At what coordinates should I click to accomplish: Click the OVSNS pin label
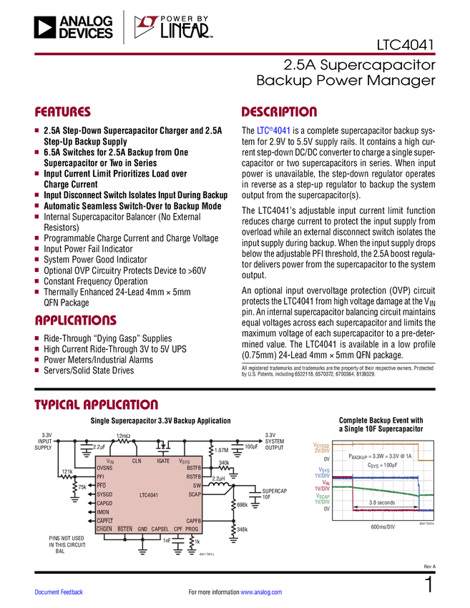tap(104, 468)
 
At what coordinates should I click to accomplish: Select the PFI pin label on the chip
tap(100, 476)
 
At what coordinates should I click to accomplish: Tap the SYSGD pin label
tap(104, 494)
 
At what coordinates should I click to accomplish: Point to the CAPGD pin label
tap(104, 503)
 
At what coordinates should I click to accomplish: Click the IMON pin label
tap(102, 512)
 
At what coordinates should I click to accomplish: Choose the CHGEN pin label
tap(104, 529)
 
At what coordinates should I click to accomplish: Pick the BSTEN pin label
tap(125, 529)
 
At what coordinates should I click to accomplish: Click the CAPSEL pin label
tap(160, 529)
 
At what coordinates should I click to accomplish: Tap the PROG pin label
tap(192, 529)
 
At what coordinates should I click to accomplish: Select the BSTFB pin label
tap(194, 468)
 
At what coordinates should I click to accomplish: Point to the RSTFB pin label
tap(194, 476)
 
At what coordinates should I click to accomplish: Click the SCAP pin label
tap(195, 494)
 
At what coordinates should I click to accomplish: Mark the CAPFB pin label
tap(193, 521)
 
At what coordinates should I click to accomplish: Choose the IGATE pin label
tap(163, 461)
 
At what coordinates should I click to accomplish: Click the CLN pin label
tap(137, 461)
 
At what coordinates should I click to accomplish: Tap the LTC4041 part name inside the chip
tap(149, 494)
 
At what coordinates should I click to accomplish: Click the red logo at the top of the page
tap(147, 23)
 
